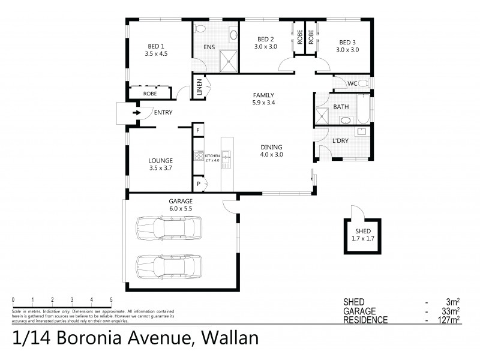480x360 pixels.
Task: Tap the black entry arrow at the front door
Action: (x=136, y=112)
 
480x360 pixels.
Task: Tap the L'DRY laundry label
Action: (x=341, y=141)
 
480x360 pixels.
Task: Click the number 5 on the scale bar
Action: (x=110, y=299)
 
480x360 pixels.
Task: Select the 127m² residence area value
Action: (x=449, y=319)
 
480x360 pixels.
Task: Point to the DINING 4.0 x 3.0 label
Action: (x=271, y=151)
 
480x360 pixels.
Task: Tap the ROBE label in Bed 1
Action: (x=150, y=94)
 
